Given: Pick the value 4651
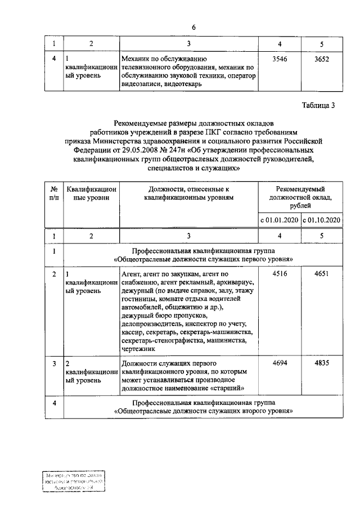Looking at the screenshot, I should [322, 274].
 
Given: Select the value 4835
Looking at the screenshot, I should [322, 363].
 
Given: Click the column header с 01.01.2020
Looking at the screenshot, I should [278, 220].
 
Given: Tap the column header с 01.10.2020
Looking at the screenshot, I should [322, 220].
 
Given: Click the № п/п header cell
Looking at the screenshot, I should [53, 194].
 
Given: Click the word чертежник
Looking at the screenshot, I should [137, 349].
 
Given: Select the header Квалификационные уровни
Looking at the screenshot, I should [91, 194].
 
